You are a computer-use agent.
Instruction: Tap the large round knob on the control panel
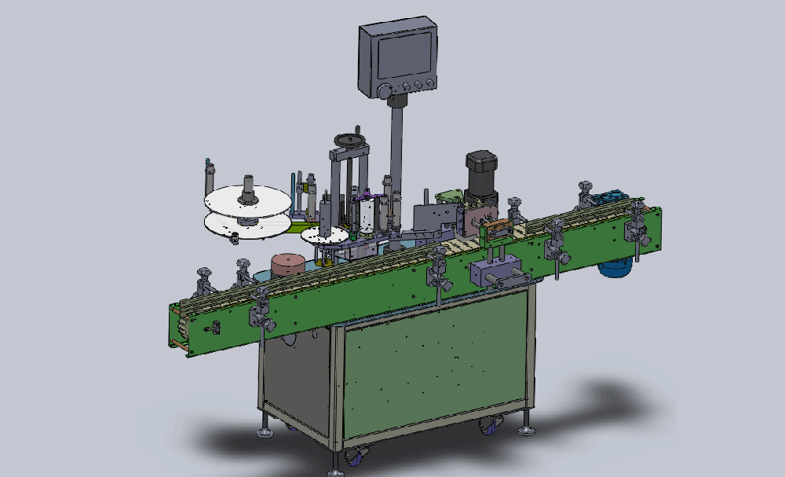click(x=384, y=92)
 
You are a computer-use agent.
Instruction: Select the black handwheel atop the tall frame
click(x=349, y=140)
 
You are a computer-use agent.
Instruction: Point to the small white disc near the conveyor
click(x=324, y=233)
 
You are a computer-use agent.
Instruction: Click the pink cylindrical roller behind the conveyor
click(x=288, y=264)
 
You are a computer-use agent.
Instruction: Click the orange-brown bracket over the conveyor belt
click(x=498, y=229)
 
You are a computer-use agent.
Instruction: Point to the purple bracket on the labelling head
click(x=366, y=217)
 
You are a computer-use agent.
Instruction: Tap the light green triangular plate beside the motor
click(x=449, y=196)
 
